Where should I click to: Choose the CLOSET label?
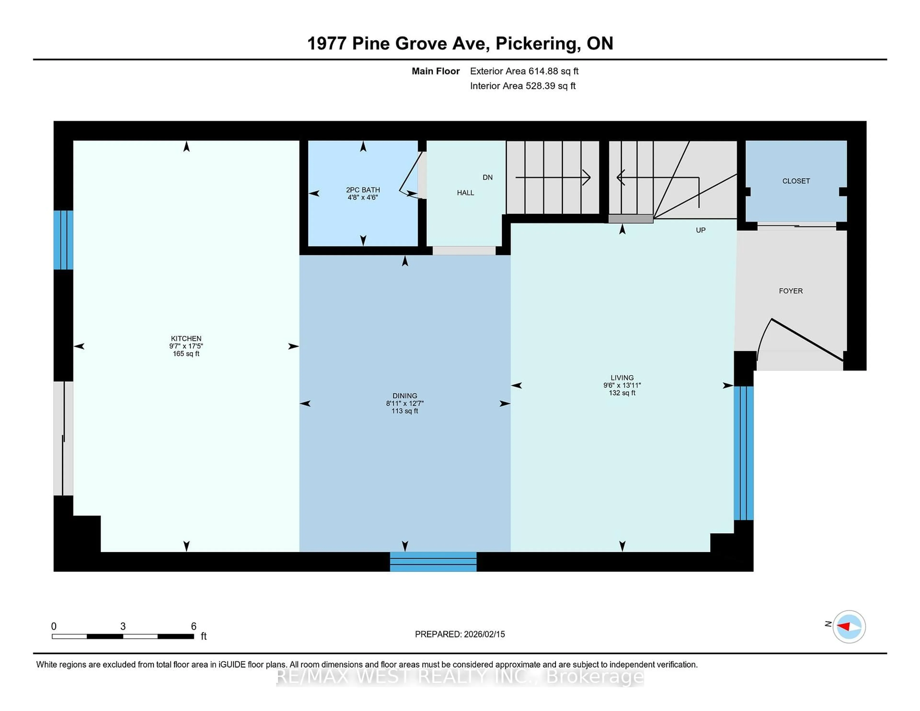pos(796,181)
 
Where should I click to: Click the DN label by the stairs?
pos(487,177)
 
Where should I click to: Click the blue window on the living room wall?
pos(743,453)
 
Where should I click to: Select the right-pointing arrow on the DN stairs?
pos(586,177)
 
